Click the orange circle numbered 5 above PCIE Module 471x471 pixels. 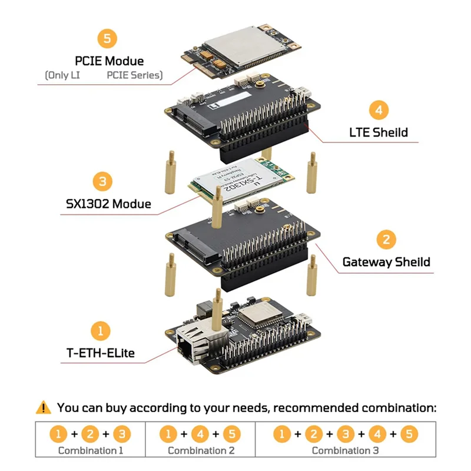(107, 39)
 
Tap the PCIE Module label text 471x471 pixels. (109, 61)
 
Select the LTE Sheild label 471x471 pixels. (377, 132)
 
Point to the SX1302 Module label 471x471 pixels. (108, 204)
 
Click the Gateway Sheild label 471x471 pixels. (386, 262)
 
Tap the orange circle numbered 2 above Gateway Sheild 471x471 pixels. (386, 240)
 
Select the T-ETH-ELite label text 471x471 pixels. (100, 353)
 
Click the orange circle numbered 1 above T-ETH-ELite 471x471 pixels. (100, 330)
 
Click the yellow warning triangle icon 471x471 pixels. (44, 407)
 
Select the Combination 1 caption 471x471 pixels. (91, 450)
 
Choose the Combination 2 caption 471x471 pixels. (200, 450)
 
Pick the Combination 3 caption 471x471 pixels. (345, 450)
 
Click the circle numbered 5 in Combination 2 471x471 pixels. (232, 434)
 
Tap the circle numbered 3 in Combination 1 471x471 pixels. (122, 434)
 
